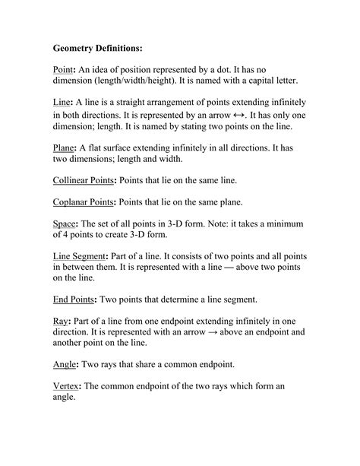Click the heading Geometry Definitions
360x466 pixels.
(x=97, y=47)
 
